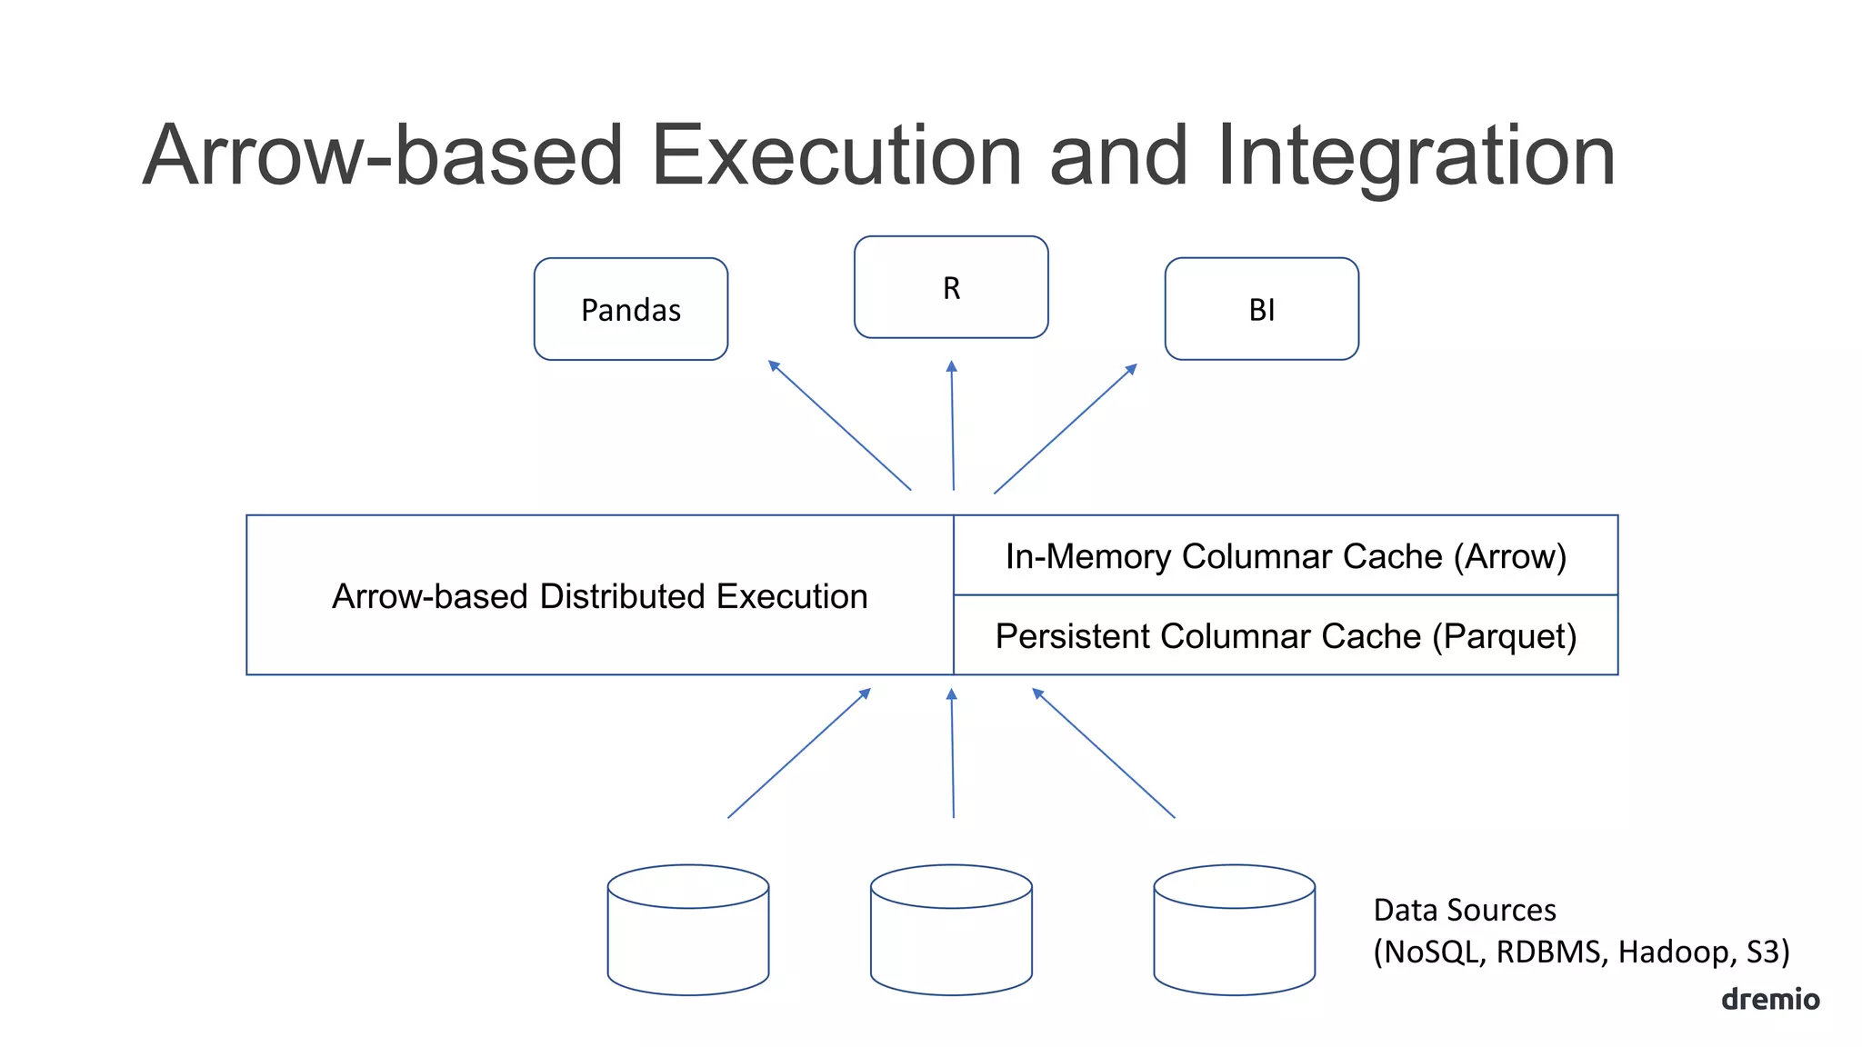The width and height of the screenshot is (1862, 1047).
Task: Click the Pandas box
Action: point(630,309)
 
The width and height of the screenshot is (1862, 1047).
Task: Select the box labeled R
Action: point(951,287)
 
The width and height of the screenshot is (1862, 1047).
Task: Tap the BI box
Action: point(1261,309)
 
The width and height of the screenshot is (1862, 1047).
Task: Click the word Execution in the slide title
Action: point(836,155)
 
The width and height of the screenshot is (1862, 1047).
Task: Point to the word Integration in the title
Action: point(1415,155)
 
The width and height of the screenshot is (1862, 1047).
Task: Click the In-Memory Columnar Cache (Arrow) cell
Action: point(1286,555)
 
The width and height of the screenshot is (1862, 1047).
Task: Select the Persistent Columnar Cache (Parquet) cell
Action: point(1286,635)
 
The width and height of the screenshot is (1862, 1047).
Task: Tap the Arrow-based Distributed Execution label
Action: point(599,596)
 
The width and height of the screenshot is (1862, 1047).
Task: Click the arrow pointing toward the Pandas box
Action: point(839,424)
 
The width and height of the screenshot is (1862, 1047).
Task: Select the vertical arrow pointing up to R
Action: point(952,425)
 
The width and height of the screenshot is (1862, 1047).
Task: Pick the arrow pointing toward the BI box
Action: point(1066,428)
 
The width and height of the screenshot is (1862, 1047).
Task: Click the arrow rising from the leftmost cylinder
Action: point(799,753)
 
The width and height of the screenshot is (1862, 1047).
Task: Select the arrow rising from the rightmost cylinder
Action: point(1103,753)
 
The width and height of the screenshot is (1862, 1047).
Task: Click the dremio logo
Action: point(1769,999)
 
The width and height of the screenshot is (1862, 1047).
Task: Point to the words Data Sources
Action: point(1464,910)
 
